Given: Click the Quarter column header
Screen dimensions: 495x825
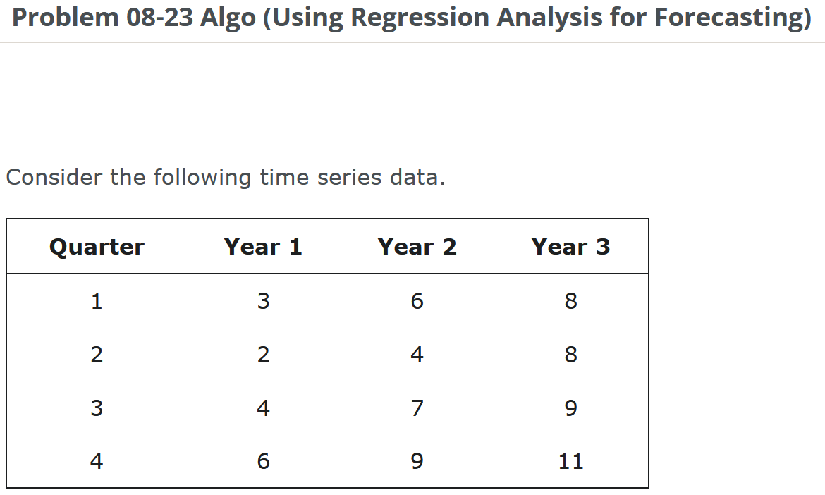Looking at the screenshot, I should click(x=97, y=247).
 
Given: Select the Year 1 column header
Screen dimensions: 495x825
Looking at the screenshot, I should click(x=263, y=247).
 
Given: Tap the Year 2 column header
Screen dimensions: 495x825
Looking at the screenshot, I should click(x=417, y=247).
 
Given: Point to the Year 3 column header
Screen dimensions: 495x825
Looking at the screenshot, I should click(x=570, y=247).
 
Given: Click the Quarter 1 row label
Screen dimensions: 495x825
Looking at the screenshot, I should click(x=97, y=301).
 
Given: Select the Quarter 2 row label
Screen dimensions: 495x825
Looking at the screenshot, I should click(x=97, y=355).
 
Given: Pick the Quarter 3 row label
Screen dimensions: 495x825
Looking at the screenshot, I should click(x=97, y=408).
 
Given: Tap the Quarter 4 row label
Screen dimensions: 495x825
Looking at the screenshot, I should click(x=97, y=461).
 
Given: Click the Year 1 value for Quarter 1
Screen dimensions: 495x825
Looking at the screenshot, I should click(x=263, y=301).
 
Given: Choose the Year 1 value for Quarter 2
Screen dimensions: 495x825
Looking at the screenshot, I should click(x=263, y=355).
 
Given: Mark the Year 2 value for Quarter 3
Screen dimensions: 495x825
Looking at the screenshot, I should click(x=417, y=408).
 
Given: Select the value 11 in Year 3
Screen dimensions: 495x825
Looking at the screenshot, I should click(x=570, y=461).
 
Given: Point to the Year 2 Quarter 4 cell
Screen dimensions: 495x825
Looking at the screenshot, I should click(x=417, y=461).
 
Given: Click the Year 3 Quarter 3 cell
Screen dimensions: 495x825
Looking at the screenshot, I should click(x=570, y=408).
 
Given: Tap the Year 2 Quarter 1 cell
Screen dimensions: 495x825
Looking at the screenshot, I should click(x=417, y=301).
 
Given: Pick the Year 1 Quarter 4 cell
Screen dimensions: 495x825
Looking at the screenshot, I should click(x=263, y=461).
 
